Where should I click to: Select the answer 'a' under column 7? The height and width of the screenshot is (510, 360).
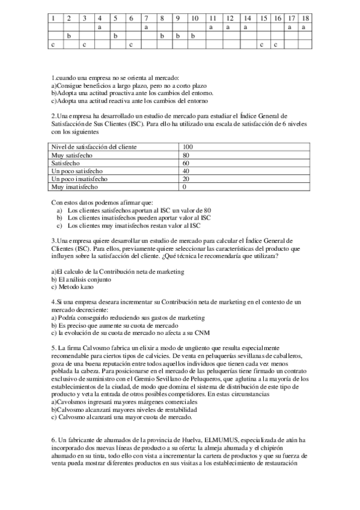tap(147, 27)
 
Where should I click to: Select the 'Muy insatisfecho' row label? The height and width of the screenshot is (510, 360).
tap(75, 186)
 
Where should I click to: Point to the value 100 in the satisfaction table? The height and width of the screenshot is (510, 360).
tap(188, 147)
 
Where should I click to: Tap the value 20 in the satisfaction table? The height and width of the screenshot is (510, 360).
tap(186, 179)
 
